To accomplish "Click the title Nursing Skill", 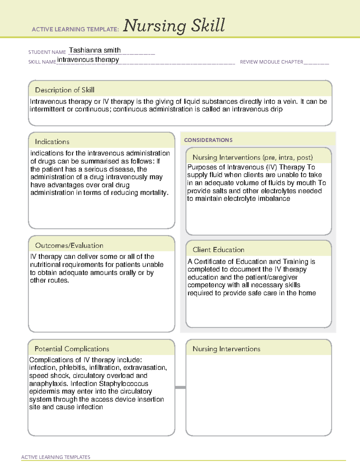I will (174, 26).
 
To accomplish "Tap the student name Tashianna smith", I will (95, 50).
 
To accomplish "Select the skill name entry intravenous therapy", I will (88, 60).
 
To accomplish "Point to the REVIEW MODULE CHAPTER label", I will (271, 62).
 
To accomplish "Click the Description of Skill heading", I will (64, 90).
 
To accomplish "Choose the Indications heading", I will (52, 142).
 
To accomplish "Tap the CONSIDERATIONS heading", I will (208, 140).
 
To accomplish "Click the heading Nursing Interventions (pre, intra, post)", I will (253, 158).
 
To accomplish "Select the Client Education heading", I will (218, 250).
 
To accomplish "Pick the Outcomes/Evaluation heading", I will (69, 245).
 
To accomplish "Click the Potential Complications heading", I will (72, 349).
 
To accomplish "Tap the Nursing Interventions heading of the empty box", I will (226, 349).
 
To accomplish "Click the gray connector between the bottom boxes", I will (180, 387).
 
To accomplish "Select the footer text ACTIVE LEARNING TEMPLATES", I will (55, 457).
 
